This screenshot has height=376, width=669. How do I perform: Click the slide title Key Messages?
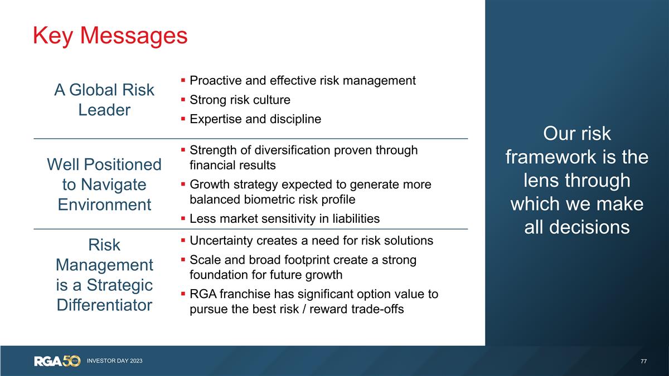click(110, 36)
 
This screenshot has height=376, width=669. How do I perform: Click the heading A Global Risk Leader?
click(104, 100)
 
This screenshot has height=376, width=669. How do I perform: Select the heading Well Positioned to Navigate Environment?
click(104, 184)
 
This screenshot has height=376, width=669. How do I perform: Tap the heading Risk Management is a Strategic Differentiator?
click(104, 275)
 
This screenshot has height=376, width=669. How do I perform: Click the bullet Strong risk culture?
click(240, 100)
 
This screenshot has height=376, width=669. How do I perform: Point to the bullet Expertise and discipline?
click(255, 119)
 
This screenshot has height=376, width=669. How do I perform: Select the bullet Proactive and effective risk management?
click(302, 81)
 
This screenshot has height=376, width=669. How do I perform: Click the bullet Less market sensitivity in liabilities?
click(284, 219)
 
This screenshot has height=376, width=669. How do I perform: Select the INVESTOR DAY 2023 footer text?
click(114, 361)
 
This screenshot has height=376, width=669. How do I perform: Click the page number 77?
click(643, 362)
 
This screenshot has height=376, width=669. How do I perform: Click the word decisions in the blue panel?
click(577, 227)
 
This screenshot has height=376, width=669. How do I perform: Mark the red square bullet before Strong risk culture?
click(183, 100)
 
